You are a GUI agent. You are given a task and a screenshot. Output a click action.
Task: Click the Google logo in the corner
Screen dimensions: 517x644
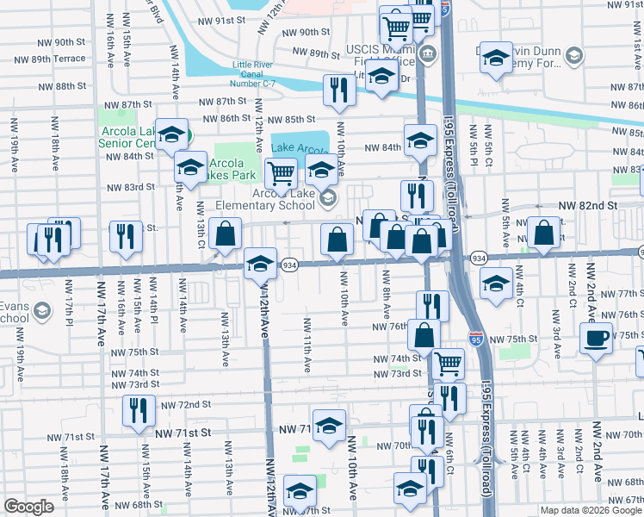click(x=28, y=507)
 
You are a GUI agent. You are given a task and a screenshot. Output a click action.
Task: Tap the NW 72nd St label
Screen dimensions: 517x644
click(x=183, y=404)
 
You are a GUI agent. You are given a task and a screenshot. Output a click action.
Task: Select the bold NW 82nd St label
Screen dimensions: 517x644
click(x=588, y=207)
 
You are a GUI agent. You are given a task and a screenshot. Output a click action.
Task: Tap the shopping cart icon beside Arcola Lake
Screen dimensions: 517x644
click(x=281, y=172)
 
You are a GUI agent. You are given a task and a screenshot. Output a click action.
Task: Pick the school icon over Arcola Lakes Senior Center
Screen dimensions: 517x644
click(x=171, y=134)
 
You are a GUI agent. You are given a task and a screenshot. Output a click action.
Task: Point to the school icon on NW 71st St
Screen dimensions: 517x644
click(x=328, y=427)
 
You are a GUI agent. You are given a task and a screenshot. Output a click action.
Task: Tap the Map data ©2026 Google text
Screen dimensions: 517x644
click(x=590, y=510)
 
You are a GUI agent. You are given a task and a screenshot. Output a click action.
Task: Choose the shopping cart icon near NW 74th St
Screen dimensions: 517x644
click(x=448, y=364)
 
